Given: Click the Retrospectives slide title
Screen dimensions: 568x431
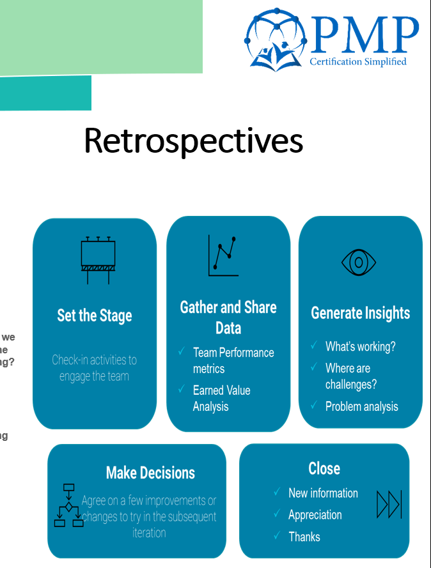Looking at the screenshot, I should (x=193, y=141).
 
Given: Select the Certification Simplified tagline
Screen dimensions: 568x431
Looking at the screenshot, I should (x=357, y=62).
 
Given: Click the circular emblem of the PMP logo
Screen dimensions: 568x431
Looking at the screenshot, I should (x=276, y=40).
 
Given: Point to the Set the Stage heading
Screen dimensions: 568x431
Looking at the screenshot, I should (x=95, y=316).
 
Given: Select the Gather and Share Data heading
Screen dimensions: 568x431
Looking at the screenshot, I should (x=228, y=318).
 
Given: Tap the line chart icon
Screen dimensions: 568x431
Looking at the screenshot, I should (x=223, y=256).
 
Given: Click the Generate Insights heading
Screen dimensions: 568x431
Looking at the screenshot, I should (x=361, y=313).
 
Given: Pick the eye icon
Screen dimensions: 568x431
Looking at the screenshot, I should (x=358, y=262).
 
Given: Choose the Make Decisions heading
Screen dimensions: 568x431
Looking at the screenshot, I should (x=150, y=473).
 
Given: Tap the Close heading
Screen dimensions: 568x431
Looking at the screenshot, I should (x=324, y=468).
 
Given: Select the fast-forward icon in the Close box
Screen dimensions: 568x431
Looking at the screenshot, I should (x=389, y=504).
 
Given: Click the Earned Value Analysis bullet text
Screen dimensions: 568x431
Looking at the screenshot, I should (x=221, y=398).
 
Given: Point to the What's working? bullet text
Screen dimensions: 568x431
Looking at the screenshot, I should (x=360, y=346).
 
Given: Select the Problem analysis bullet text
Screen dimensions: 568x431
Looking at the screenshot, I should (x=361, y=406).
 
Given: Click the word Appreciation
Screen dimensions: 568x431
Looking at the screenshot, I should (x=315, y=515).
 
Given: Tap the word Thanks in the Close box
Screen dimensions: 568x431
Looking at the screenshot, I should (x=304, y=537).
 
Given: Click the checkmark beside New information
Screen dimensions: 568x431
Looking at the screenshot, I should (x=277, y=493).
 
